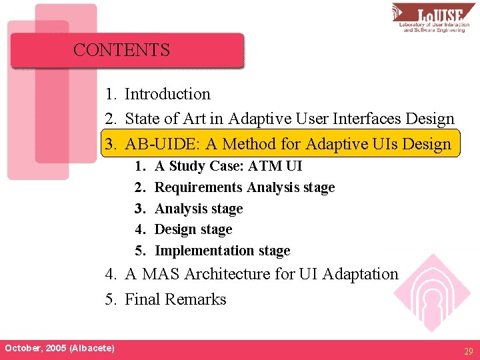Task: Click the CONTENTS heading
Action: click(121, 50)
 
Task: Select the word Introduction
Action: click(167, 94)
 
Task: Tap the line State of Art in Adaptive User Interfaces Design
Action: click(289, 119)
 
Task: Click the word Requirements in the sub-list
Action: click(199, 187)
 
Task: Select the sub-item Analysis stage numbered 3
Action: click(199, 209)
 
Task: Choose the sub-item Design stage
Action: click(193, 229)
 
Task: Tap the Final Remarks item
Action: click(175, 299)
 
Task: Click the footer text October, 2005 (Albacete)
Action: click(59, 348)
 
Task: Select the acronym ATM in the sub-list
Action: click(269, 166)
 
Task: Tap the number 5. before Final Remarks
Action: click(111, 299)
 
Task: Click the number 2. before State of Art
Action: click(111, 119)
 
